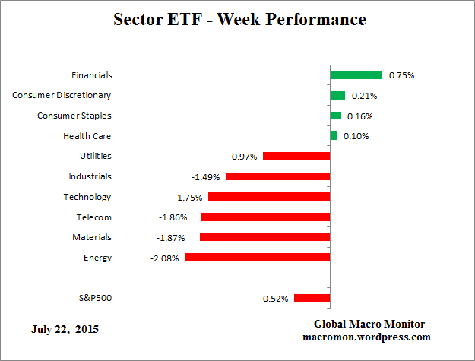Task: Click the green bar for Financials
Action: point(356,75)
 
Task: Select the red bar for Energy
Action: point(257,258)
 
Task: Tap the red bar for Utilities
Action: point(296,156)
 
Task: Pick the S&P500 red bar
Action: point(312,298)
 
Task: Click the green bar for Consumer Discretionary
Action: point(337,95)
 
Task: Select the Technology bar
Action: point(269,197)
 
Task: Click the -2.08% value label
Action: point(165,258)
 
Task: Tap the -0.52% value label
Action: point(274,299)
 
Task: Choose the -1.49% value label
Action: point(205,177)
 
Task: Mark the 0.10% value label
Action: point(356,136)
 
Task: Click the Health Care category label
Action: point(87,136)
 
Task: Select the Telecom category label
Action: point(93,217)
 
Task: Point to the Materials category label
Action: point(90,237)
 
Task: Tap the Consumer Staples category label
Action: point(74,116)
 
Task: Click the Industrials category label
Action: point(90,176)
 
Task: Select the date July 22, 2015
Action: point(65,330)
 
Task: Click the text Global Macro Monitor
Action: point(369,324)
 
